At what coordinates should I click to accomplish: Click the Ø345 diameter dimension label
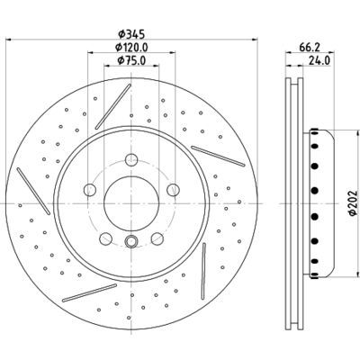click(x=131, y=34)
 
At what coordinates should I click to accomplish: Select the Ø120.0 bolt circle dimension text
click(x=131, y=48)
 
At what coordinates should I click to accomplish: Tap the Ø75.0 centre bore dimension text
click(x=131, y=60)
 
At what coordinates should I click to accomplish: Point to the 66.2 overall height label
click(x=310, y=48)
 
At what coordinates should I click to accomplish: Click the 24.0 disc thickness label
click(x=319, y=60)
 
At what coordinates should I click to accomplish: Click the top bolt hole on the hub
click(x=131, y=159)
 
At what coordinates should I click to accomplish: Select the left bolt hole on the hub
click(x=90, y=189)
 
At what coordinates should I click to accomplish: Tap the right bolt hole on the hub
click(x=173, y=189)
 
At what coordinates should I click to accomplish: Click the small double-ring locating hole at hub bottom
click(x=131, y=241)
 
